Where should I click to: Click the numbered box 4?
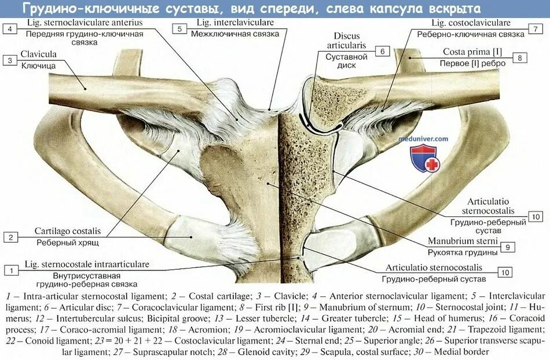coord(9,28)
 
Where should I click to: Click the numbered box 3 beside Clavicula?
coord(9,60)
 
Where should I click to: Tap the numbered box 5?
coord(179,28)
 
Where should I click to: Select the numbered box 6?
coord(382,51)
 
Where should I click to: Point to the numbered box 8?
coord(520,57)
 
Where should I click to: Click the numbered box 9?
coord(507,247)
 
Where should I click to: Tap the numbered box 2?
coord(9,237)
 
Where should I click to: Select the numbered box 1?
coord(9,270)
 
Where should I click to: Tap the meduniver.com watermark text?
coord(423,139)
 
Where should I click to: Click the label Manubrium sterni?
coord(463,241)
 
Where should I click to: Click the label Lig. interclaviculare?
coord(235,23)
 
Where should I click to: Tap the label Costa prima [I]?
coord(472,52)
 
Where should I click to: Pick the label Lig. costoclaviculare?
coord(471,23)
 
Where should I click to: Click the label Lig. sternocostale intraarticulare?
coord(87,264)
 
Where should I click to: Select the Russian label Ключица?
coord(38,65)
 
